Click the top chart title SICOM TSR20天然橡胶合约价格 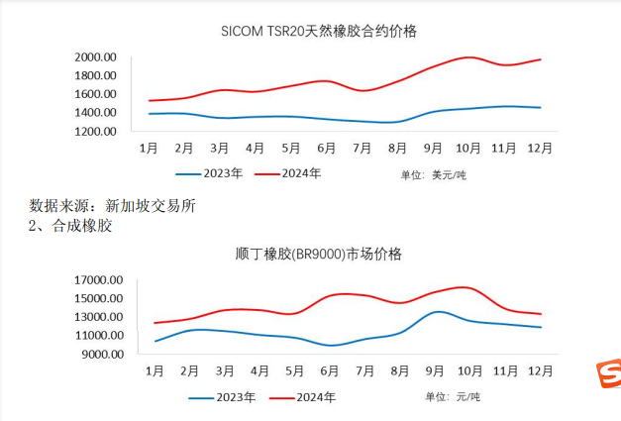318,31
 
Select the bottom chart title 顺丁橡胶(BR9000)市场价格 319,254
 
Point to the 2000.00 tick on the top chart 96,56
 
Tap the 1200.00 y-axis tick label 96,131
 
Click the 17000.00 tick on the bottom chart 97,280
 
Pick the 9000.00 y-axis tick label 100,354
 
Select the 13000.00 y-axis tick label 97,317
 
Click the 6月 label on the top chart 327,149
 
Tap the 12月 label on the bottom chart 540,371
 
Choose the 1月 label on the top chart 149,149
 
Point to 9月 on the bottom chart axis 433,371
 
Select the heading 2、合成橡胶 70,226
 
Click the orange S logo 608,375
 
